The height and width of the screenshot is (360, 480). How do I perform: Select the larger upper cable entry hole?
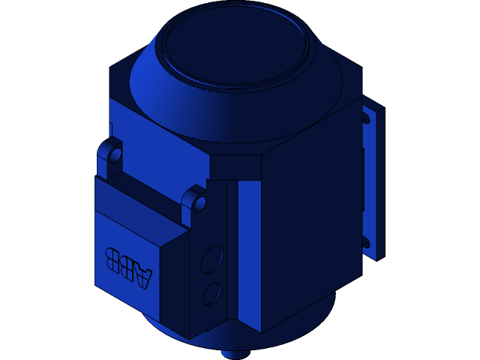211,259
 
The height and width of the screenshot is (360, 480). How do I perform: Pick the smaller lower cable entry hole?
211,292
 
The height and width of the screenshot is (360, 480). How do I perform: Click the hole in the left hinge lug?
115,156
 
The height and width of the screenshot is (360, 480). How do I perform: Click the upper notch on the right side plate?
367,118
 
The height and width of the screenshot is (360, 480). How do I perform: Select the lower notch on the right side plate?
366,242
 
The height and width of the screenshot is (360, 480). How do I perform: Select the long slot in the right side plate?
364,180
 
